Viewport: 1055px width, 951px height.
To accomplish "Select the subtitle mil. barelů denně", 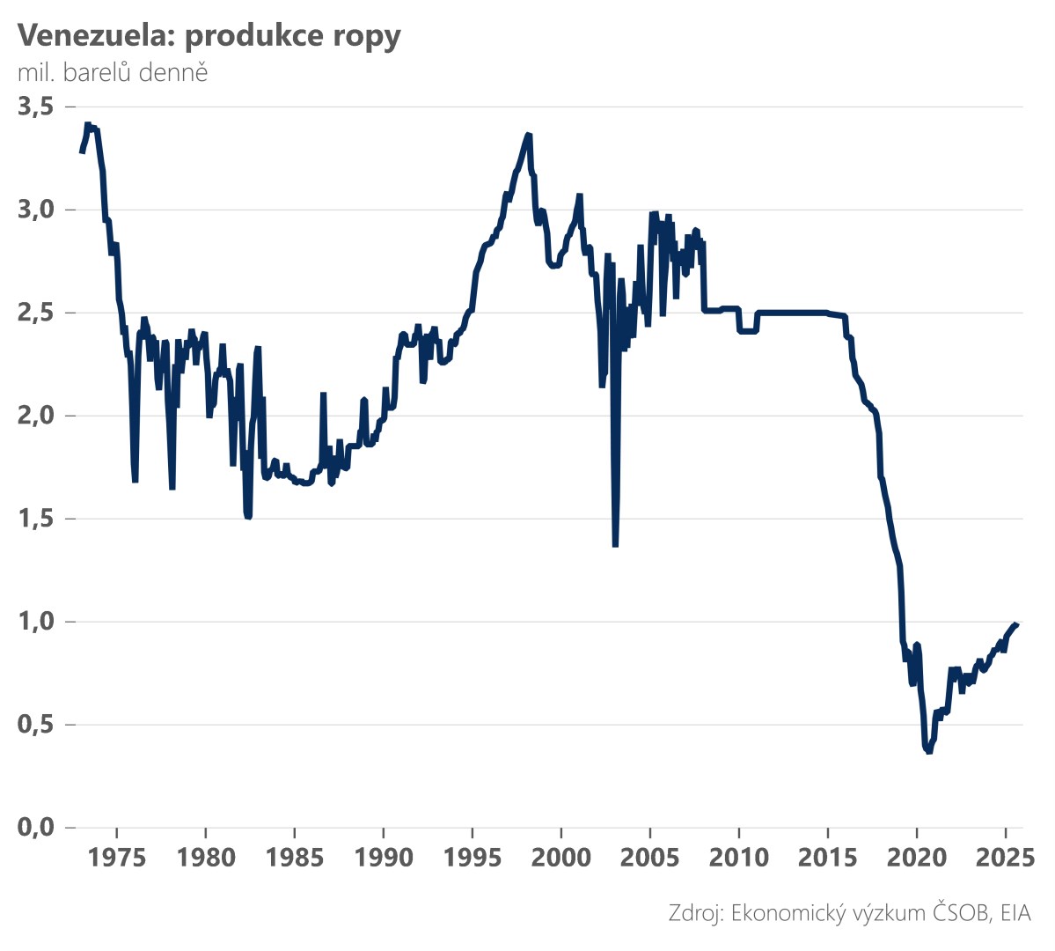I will coord(113,72).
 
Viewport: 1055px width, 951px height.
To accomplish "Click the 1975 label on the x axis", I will coord(117,858).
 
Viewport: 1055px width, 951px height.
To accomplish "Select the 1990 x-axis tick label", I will coord(384,858).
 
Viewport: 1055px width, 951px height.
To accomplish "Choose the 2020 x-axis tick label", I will coord(917,858).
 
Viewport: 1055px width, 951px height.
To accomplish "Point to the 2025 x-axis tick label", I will coord(1005,858).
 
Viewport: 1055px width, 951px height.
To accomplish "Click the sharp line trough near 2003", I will coord(615,545).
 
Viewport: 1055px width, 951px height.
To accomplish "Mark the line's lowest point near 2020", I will coord(928,751).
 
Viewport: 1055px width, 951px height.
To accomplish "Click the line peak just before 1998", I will coord(528,135).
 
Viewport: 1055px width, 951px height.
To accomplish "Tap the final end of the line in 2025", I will coord(1017,623).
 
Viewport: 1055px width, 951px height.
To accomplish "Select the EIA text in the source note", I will coord(1013,913).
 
